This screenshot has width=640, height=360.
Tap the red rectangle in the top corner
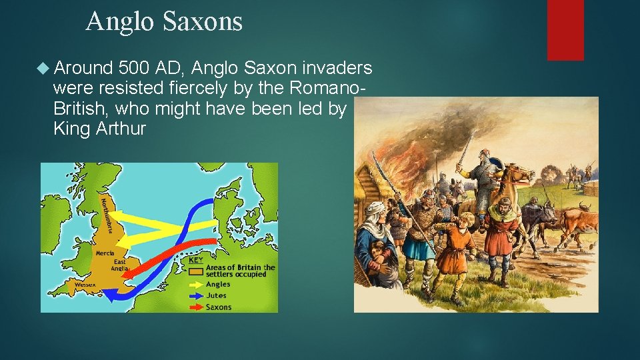[565, 29]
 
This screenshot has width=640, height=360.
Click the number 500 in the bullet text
[133, 67]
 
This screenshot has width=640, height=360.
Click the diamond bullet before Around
[44, 68]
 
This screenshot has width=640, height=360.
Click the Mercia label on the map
[104, 253]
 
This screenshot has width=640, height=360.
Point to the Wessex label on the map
[85, 285]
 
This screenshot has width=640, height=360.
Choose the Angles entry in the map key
[218, 285]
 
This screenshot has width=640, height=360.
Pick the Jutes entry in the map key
[216, 295]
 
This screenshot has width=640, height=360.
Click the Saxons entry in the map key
[219, 307]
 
